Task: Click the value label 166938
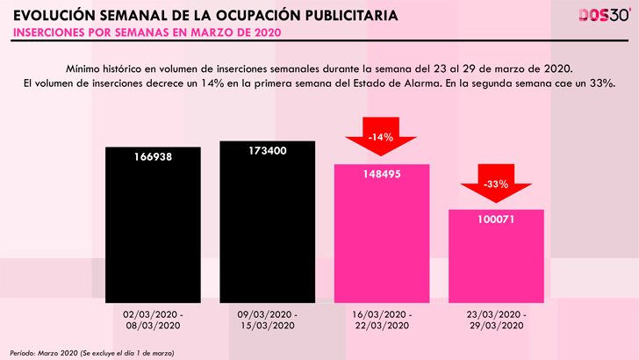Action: (x=153, y=163)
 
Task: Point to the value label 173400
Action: (x=267, y=151)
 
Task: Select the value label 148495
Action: (x=382, y=174)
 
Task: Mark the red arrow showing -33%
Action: (x=496, y=186)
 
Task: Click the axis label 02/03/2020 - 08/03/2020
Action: (x=153, y=319)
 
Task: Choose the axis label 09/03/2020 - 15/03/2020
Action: (x=267, y=319)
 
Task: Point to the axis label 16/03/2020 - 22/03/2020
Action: (x=382, y=319)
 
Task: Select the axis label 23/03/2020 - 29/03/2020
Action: (x=496, y=319)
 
